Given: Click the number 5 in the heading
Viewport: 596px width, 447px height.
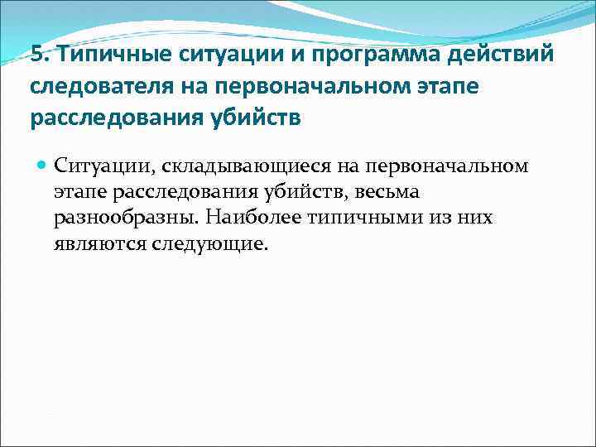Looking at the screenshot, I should pyautogui.click(x=36, y=55).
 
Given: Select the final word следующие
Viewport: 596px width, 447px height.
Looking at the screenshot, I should pyautogui.click(x=209, y=245).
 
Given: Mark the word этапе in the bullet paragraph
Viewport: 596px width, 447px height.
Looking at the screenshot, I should pyautogui.click(x=81, y=192).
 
